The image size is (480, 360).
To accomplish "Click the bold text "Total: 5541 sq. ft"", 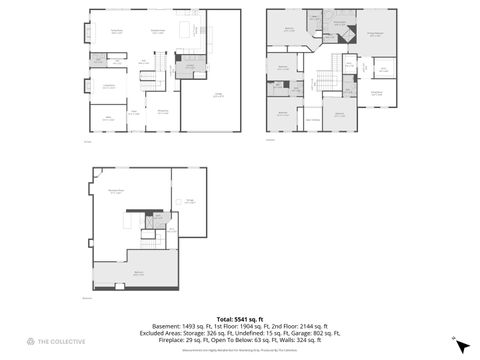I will (240, 319).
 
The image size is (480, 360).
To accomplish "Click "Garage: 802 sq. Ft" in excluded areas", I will (313, 333).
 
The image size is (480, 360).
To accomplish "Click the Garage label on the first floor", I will (217, 96).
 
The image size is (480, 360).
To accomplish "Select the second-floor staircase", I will (327, 84).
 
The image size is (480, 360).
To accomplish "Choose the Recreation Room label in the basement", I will (116, 191).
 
